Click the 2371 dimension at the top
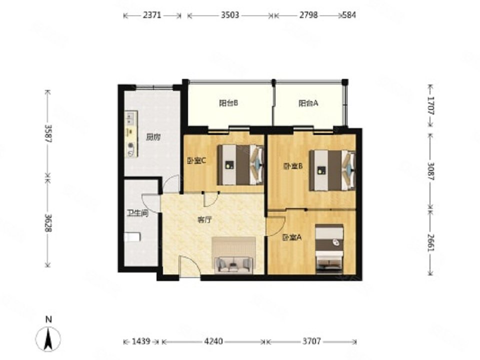coord(152,15)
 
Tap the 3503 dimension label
coord(230,15)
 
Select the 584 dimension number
coord(349,15)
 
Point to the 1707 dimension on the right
coord(431,105)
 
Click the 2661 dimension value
coord(431,242)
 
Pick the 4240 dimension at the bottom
coord(213,341)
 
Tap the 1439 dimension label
coord(141,341)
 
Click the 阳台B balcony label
coord(228,103)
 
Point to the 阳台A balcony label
coord(308,103)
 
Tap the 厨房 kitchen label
coord(153,137)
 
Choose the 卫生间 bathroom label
coord(138,213)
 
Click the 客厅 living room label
coord(204,220)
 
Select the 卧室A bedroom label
coord(291,237)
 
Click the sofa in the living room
coord(234,265)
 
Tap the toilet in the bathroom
coord(132,237)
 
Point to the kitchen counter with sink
coord(131,134)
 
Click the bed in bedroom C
coord(240,164)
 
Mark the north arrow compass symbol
coord(48,338)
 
